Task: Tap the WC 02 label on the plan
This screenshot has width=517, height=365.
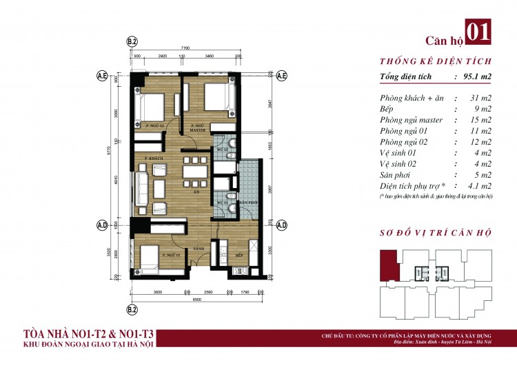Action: pyautogui.click(x=222, y=149)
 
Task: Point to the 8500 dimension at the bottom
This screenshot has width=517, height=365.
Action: pyautogui.click(x=196, y=298)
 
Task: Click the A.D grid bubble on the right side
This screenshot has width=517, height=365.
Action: pyautogui.click(x=281, y=225)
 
